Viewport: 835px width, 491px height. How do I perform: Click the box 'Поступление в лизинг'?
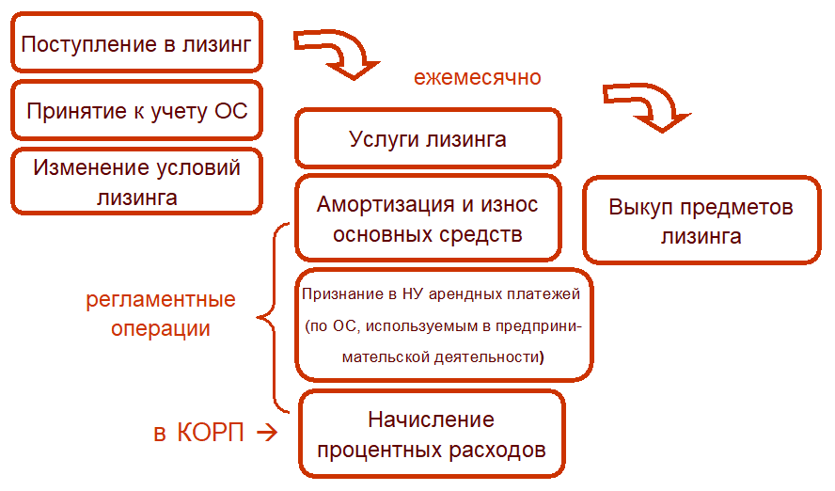pyautogui.click(x=136, y=44)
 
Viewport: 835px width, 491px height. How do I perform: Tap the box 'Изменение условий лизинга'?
pyautogui.click(x=136, y=182)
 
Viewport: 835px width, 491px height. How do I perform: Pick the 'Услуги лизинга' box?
pyautogui.click(x=428, y=139)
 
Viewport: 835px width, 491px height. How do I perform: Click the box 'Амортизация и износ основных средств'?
pyautogui.click(x=428, y=218)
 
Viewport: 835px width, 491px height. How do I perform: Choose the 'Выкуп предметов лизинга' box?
pyautogui.click(x=701, y=221)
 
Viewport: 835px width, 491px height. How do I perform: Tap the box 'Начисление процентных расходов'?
pyautogui.click(x=432, y=434)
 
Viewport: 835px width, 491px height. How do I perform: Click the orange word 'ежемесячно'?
pyautogui.click(x=478, y=77)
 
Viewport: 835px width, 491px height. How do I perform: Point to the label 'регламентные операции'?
pyautogui.click(x=161, y=315)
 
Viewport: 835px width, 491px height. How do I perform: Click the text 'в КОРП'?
pyautogui.click(x=198, y=433)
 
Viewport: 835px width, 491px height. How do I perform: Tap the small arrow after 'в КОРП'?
pyautogui.click(x=266, y=433)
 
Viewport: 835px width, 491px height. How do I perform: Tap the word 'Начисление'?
pyautogui.click(x=431, y=420)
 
